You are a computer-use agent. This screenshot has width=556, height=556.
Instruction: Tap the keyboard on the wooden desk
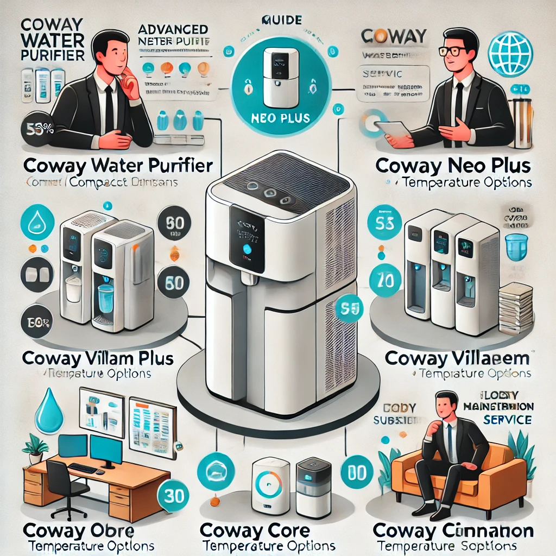pos(83,468)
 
